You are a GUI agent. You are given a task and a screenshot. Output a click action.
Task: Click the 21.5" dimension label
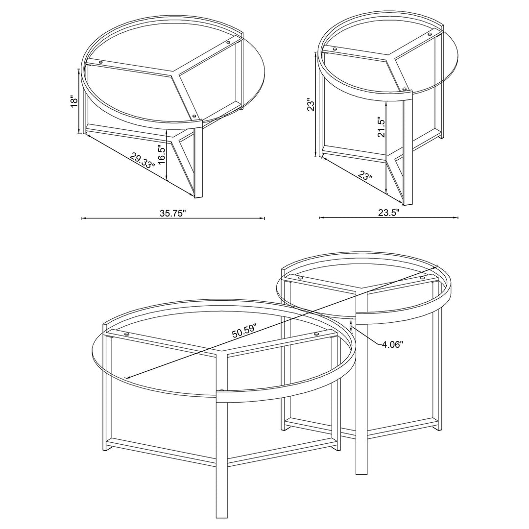(382, 127)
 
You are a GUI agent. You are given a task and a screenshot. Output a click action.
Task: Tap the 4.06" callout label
(392, 345)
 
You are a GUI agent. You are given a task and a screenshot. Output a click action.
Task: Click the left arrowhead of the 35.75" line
(82, 218)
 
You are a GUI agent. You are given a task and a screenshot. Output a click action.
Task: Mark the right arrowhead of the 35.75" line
(264, 218)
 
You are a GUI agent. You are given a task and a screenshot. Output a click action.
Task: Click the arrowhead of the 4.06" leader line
(352, 328)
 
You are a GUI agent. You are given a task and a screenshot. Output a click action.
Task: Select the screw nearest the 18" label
(101, 62)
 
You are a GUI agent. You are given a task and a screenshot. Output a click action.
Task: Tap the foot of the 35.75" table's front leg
(198, 197)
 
